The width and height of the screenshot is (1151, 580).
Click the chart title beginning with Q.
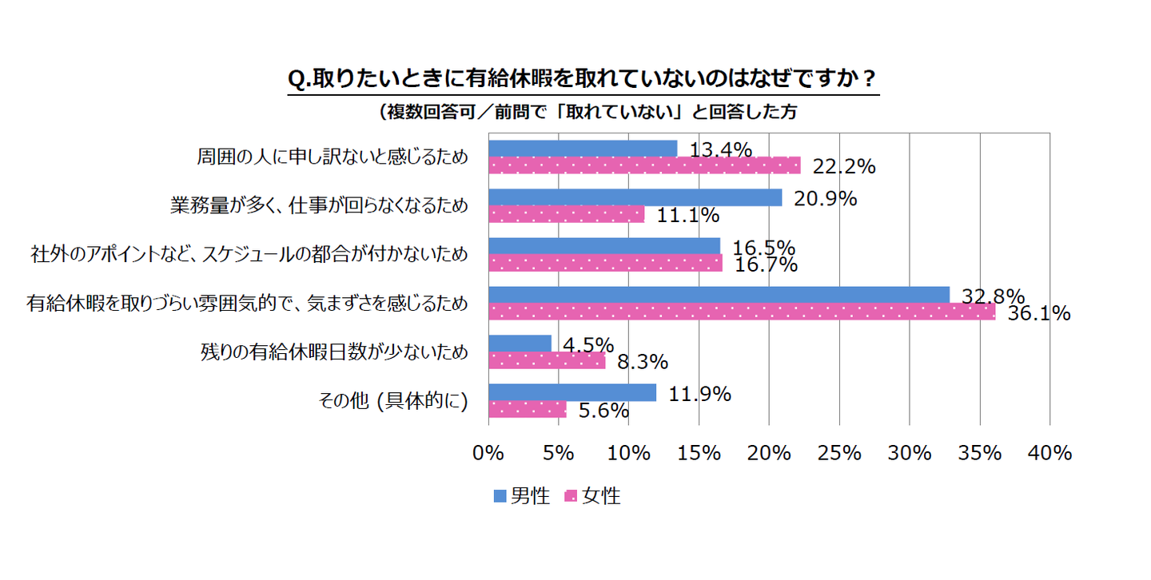(x=583, y=81)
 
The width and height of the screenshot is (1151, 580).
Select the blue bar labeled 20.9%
(x=635, y=197)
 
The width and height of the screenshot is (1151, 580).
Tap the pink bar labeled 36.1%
(x=741, y=312)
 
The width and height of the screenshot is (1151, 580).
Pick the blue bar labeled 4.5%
(x=520, y=344)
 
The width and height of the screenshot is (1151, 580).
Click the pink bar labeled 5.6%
(x=527, y=409)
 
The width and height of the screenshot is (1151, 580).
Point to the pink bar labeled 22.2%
(x=643, y=165)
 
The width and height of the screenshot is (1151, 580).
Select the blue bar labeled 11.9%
(x=572, y=392)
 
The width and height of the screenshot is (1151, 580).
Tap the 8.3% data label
(x=642, y=363)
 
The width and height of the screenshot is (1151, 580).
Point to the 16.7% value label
(x=765, y=264)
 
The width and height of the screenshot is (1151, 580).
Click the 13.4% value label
(x=721, y=149)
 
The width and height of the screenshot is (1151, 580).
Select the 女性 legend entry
(x=592, y=496)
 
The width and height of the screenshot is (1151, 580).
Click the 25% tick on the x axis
(x=839, y=453)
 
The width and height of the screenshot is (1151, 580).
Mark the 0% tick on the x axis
(x=488, y=453)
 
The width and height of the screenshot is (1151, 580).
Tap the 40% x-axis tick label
(x=1049, y=453)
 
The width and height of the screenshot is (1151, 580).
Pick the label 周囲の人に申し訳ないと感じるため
(x=332, y=157)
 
